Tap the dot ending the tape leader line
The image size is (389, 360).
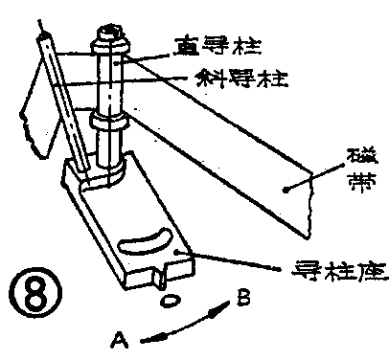click(285, 192)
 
